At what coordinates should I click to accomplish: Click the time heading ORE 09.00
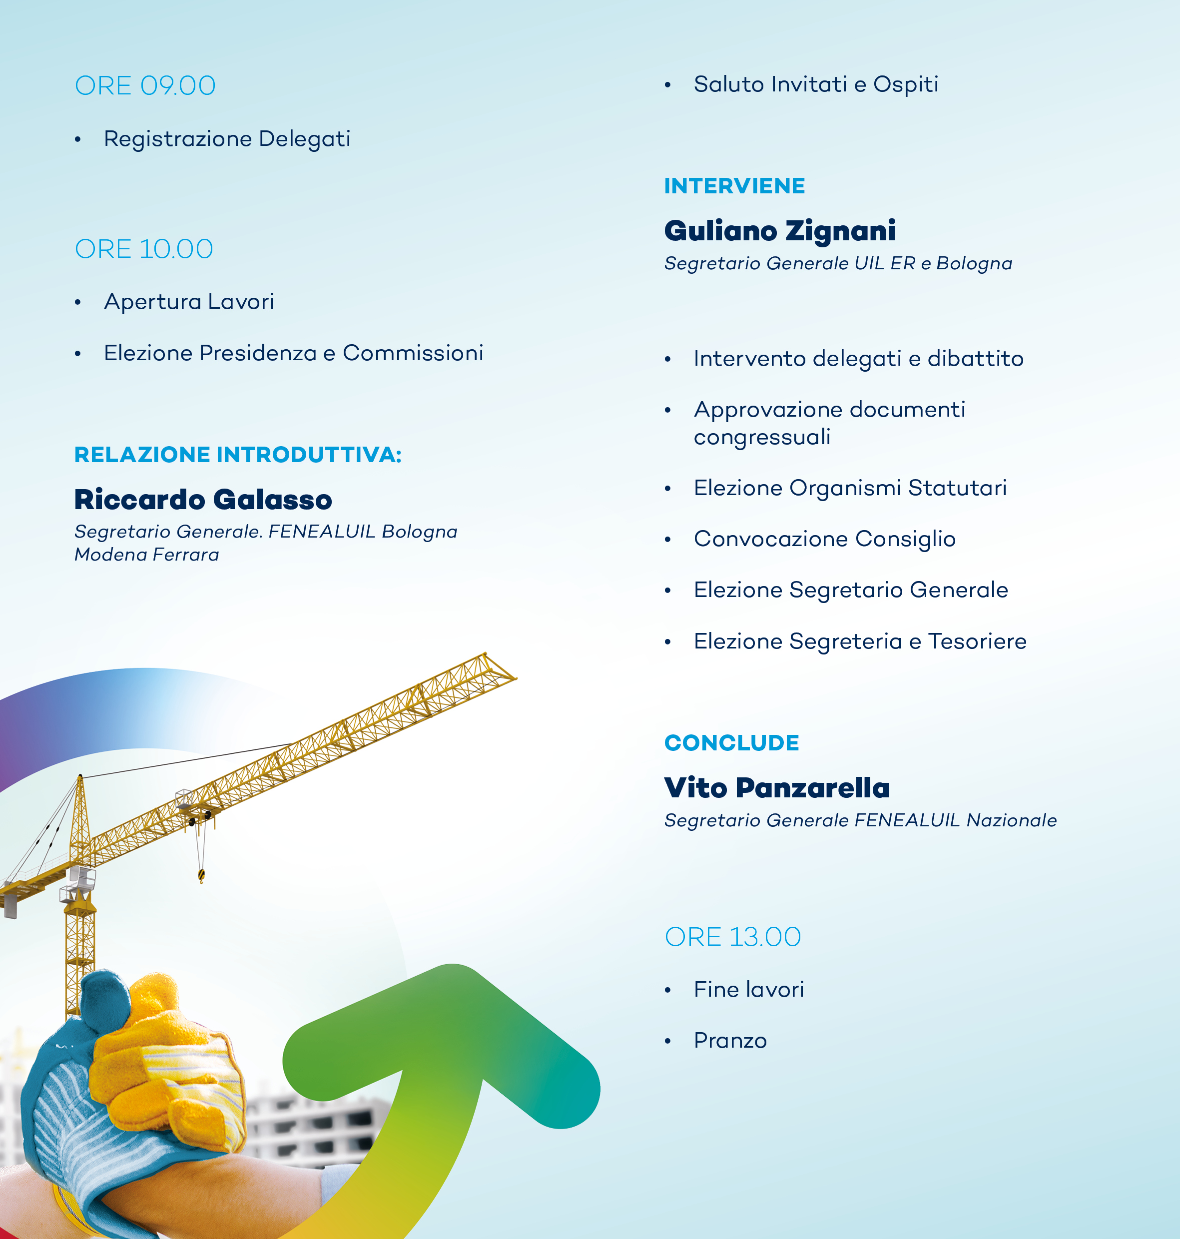click(x=145, y=85)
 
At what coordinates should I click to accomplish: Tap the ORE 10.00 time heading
click(x=144, y=249)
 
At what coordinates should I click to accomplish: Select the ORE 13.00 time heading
click(x=733, y=937)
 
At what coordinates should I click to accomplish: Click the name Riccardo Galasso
click(x=203, y=500)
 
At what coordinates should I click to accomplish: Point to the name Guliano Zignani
click(x=780, y=231)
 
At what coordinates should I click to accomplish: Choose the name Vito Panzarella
click(x=777, y=787)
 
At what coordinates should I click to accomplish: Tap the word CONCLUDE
click(x=731, y=743)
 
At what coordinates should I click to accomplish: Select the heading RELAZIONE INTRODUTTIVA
click(x=238, y=454)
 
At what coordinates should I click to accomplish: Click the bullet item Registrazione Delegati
click(x=227, y=139)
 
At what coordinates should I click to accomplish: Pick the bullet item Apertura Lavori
click(x=189, y=302)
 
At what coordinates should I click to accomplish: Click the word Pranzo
click(x=730, y=1041)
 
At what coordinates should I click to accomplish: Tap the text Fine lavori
click(x=748, y=989)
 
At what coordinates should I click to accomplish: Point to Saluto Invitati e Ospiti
click(x=816, y=84)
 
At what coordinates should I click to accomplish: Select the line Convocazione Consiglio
click(x=825, y=539)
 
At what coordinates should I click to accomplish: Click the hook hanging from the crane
click(x=201, y=875)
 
